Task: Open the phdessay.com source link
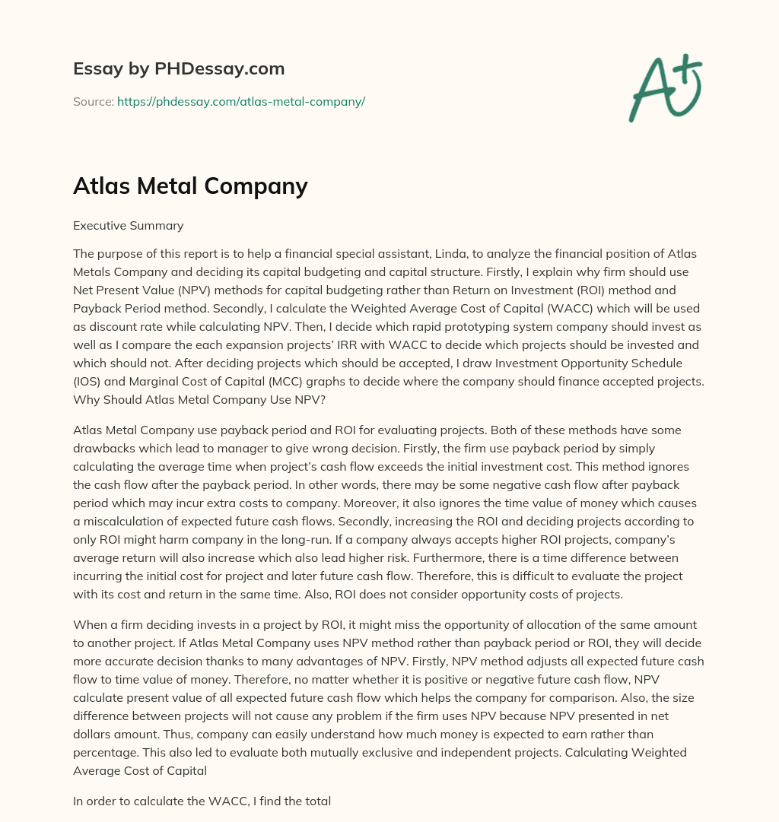[x=240, y=101]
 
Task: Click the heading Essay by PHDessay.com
[x=179, y=69]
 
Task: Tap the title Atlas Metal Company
[x=190, y=186]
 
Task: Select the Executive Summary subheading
[x=128, y=225]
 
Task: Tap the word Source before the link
[x=93, y=101]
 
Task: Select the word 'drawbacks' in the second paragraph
[x=104, y=448]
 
